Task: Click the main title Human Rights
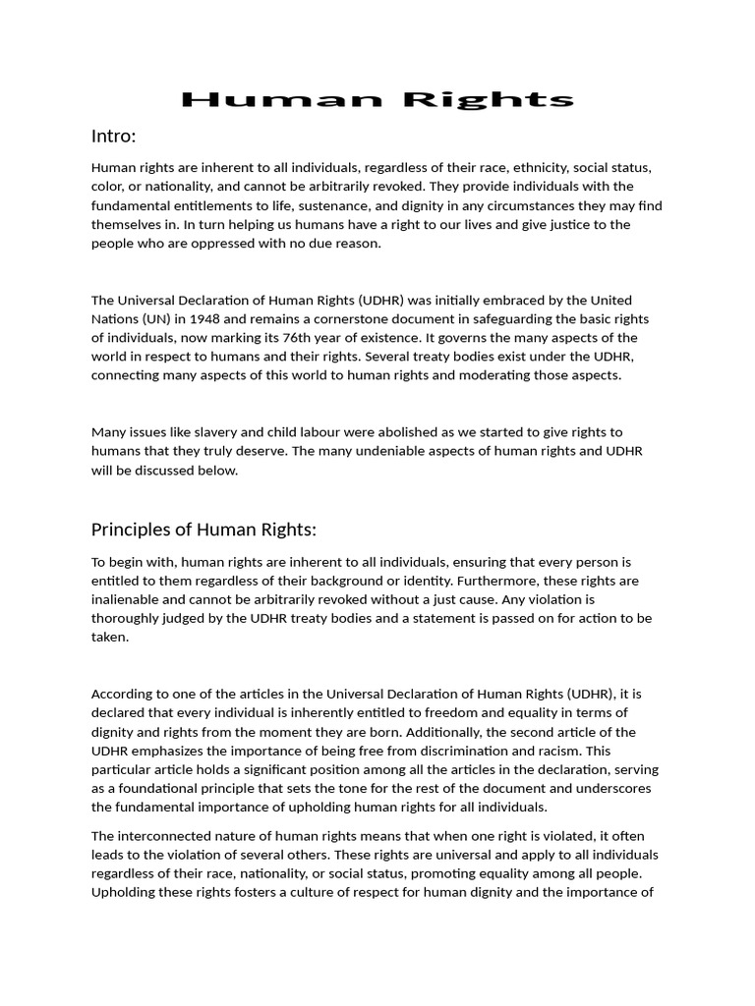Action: point(377,99)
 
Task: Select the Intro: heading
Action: point(113,136)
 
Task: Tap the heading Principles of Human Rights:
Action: point(203,530)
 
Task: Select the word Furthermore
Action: point(478,581)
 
